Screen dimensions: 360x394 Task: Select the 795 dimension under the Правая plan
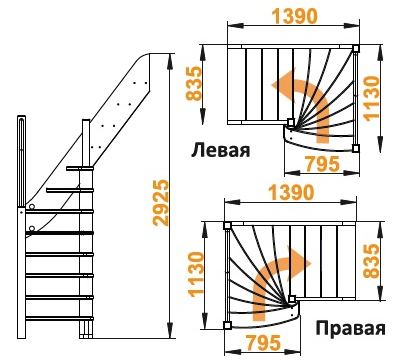(260, 344)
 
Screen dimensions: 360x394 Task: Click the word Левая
(219, 149)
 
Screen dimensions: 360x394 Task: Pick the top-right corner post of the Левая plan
(356, 46)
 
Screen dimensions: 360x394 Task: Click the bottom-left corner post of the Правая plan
(227, 325)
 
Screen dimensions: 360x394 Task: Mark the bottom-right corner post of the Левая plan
(356, 147)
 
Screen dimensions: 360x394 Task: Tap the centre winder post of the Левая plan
(290, 123)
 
